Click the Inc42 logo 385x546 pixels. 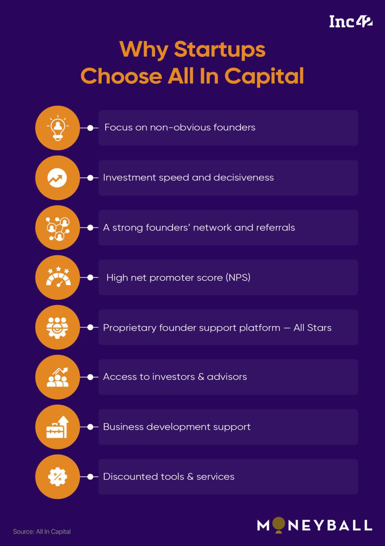[x=350, y=21]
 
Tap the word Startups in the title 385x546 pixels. [x=220, y=49]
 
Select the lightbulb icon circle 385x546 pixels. [x=58, y=128]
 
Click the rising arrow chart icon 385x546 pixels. [x=58, y=178]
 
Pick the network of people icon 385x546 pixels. [x=58, y=228]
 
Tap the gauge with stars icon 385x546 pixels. [x=58, y=278]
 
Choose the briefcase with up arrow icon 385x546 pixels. [x=58, y=427]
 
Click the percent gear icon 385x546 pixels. [x=58, y=477]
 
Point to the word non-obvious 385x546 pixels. [x=180, y=127]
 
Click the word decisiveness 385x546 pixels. [x=244, y=177]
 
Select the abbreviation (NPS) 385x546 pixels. [x=238, y=278]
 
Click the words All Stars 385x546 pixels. [x=312, y=328]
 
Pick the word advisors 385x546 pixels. [x=227, y=377]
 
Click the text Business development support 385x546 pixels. [x=177, y=427]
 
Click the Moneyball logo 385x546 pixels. [x=314, y=525]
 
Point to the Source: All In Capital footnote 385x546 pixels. [x=42, y=532]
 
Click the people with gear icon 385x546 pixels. [x=58, y=327]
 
